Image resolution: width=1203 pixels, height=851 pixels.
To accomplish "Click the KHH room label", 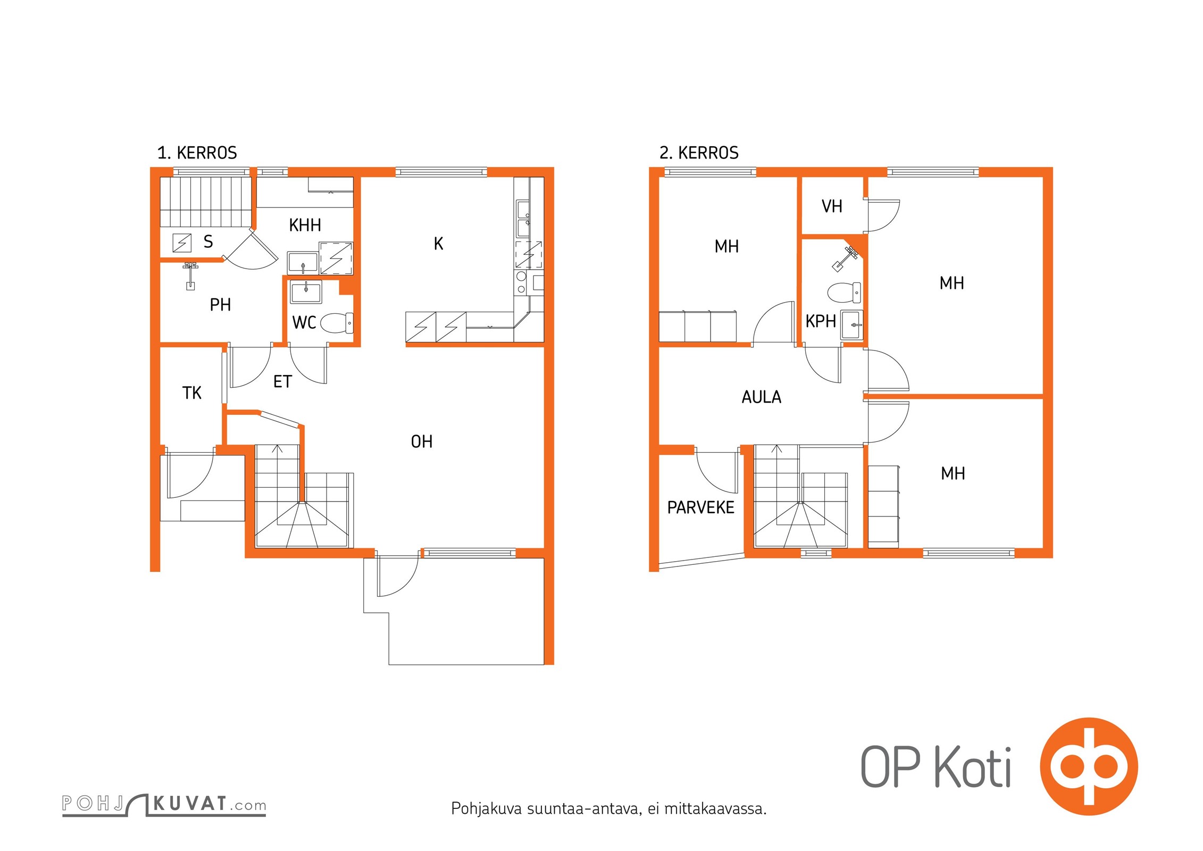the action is click(305, 225).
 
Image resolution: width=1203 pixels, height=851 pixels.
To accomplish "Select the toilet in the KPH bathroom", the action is click(844, 293).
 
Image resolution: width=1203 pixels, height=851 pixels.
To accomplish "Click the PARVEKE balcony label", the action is click(700, 507).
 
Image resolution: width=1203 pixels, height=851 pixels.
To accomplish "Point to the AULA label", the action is click(761, 397).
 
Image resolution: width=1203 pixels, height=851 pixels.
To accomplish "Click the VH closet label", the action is click(832, 206).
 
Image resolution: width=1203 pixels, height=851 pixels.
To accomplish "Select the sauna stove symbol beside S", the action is click(182, 243).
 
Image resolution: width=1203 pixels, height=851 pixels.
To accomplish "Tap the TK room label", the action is click(191, 393).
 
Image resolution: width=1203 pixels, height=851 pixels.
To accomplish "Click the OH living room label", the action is click(421, 441).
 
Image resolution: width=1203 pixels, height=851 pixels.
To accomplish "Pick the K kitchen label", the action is click(438, 244).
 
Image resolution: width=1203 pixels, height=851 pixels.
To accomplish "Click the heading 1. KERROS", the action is click(197, 153).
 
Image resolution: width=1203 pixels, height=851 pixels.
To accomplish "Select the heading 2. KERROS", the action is click(699, 153).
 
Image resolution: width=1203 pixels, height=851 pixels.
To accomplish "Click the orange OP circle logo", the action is click(1089, 766).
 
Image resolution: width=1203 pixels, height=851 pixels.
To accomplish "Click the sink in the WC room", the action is click(306, 292).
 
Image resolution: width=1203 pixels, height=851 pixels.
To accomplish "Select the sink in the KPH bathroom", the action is click(851, 324).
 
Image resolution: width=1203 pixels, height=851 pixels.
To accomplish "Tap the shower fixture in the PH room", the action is click(190, 276).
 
